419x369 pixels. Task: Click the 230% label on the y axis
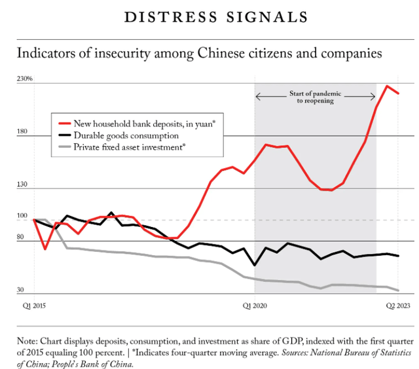(25, 79)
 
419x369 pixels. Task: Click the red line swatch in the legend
(64, 123)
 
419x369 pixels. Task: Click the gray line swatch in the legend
(64, 148)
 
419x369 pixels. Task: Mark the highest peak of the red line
(387, 86)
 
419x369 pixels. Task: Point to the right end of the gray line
(398, 290)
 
